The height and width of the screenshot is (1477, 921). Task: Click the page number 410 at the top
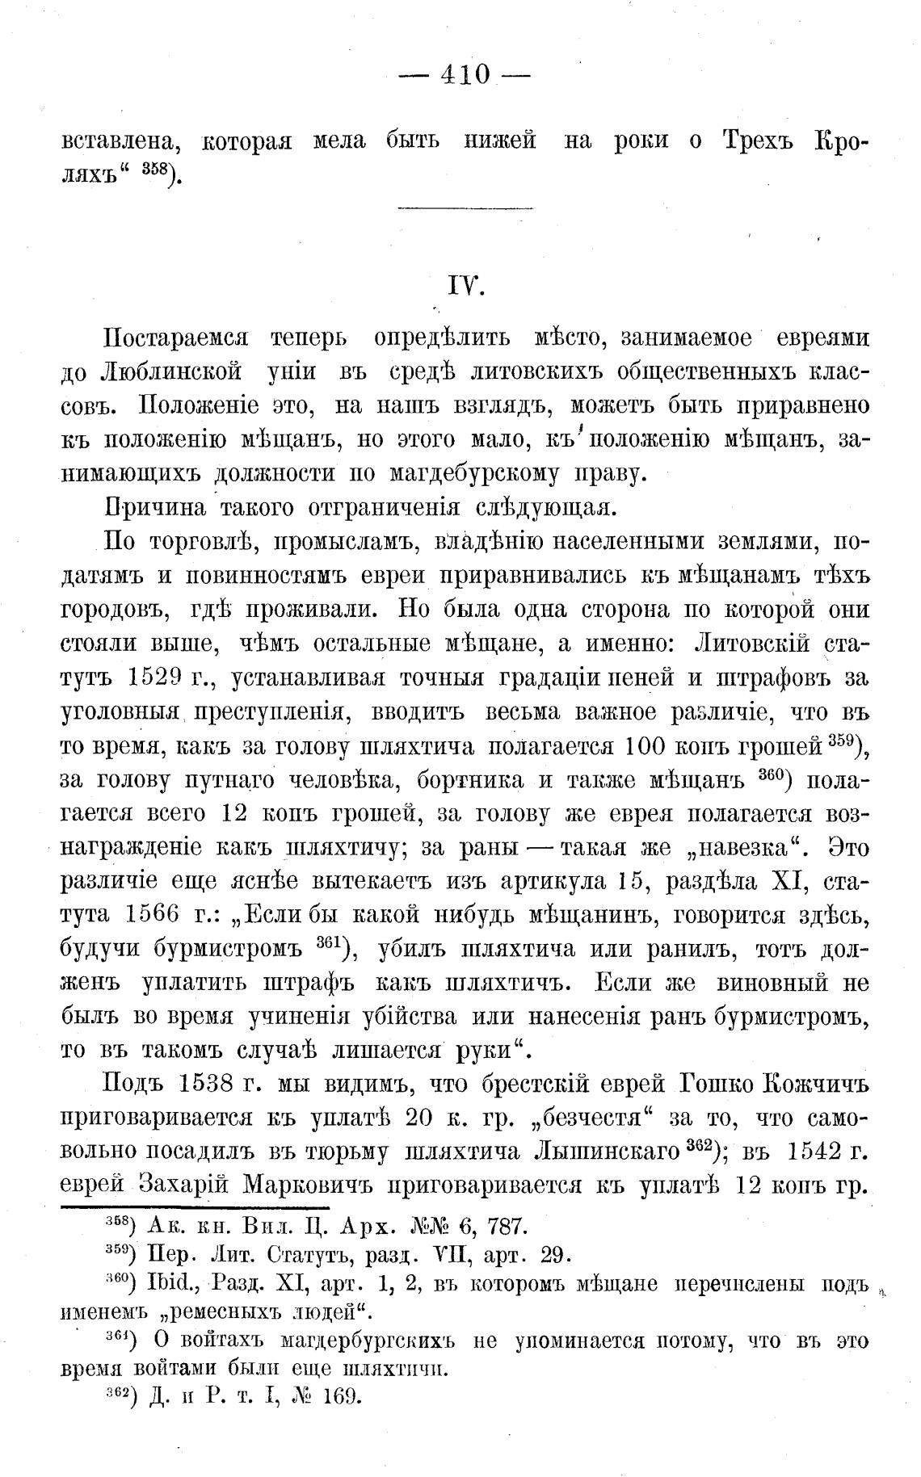(465, 75)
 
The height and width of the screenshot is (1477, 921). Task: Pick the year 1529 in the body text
(153, 678)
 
